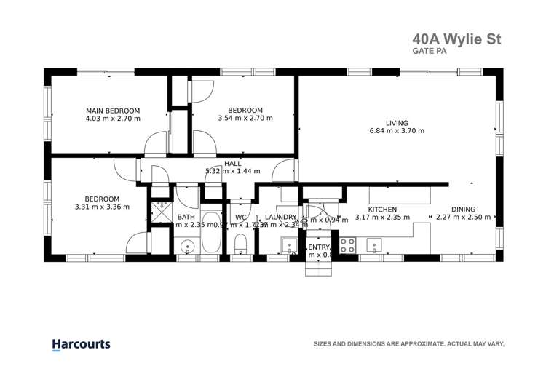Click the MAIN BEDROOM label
(113, 111)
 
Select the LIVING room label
(397, 123)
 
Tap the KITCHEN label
(371, 209)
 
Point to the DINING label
(463, 209)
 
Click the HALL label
(233, 164)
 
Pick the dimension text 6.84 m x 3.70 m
(397, 131)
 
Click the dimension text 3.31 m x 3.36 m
(102, 207)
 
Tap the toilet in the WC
(242, 244)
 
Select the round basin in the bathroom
(188, 246)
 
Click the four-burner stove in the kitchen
(347, 245)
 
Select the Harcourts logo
(81, 343)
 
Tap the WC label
(240, 217)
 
